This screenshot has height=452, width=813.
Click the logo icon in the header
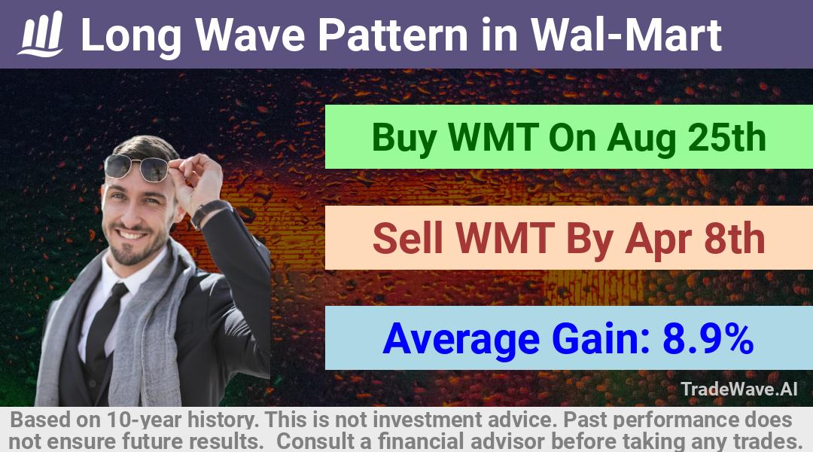click(x=41, y=34)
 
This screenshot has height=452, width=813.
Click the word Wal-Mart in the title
click(x=626, y=35)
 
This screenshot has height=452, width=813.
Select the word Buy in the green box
click(x=403, y=138)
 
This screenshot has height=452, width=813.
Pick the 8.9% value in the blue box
click(x=708, y=338)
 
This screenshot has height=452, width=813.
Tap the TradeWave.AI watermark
click(x=739, y=389)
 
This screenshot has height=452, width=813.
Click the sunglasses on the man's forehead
click(x=136, y=167)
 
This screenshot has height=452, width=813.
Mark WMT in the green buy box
click(x=492, y=137)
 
